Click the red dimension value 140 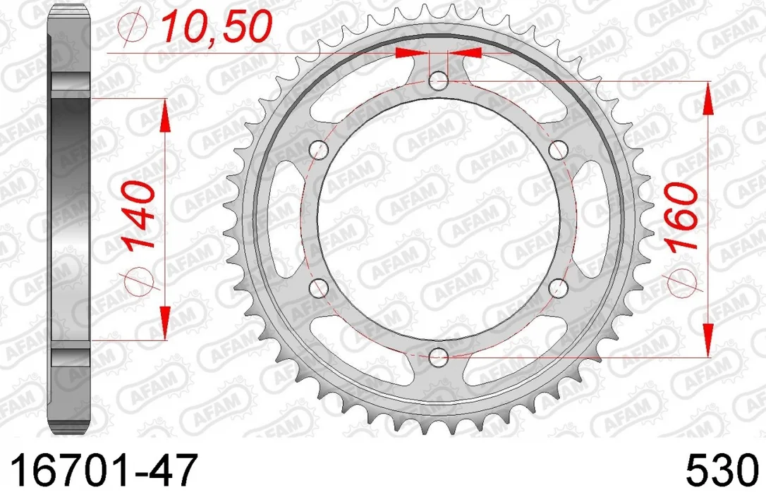pos(139,215)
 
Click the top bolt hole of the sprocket pos(438,81)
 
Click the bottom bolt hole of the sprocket pos(438,357)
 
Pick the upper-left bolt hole pos(319,150)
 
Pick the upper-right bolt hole pos(558,150)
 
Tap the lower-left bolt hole pos(319,288)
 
